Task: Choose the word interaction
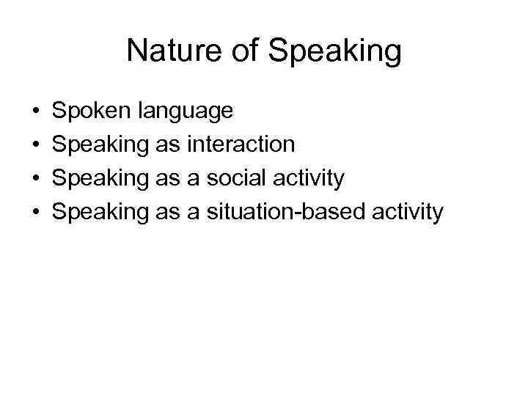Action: (x=241, y=144)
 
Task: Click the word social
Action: (x=235, y=178)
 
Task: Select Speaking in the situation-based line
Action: (x=101, y=213)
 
